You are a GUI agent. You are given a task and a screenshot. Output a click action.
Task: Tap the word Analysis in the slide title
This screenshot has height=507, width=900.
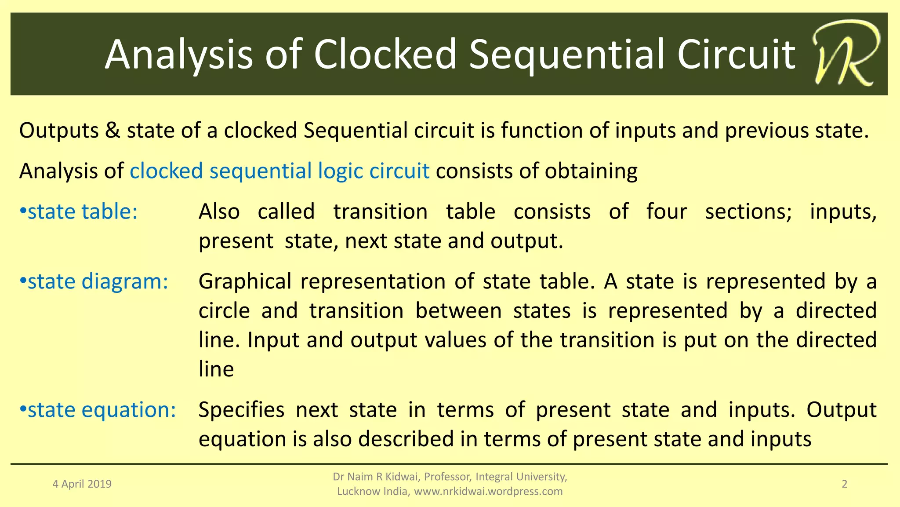click(x=179, y=55)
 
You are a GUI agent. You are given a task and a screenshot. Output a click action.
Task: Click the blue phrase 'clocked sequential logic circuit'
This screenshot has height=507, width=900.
click(x=279, y=171)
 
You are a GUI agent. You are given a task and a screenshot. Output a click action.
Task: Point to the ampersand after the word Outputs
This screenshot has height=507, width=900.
click(x=113, y=131)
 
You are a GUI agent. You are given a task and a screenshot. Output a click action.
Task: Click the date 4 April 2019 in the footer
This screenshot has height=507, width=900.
click(x=82, y=484)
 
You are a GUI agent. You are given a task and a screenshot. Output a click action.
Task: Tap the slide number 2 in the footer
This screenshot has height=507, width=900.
click(x=844, y=484)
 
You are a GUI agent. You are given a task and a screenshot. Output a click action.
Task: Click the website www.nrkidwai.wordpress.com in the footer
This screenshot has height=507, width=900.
click(x=488, y=492)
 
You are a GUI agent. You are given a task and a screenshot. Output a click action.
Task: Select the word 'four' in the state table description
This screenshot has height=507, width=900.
click(x=666, y=212)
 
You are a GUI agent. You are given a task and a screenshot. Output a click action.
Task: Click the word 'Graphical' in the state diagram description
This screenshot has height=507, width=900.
click(x=245, y=282)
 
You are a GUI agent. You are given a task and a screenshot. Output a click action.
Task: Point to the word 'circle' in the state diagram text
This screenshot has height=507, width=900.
click(x=224, y=311)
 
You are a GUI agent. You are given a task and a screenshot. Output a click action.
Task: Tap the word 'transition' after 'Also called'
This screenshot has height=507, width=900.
click(x=380, y=212)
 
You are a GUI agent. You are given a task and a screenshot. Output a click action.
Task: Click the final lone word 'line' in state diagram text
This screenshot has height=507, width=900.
click(x=216, y=369)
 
